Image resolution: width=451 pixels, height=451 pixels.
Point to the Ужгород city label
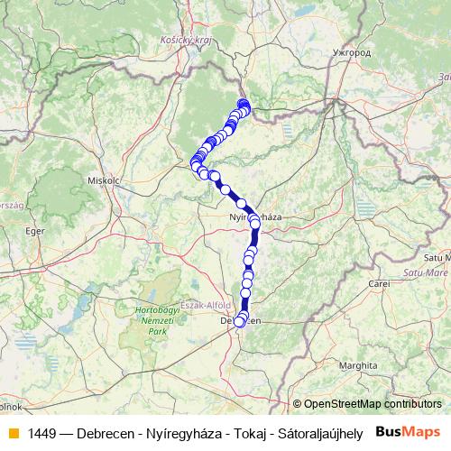(x=350, y=53)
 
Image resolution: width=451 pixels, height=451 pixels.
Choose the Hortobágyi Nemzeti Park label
(x=145, y=320)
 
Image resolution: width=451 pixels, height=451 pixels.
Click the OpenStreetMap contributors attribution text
(x=373, y=405)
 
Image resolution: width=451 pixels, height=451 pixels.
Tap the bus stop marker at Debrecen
(x=239, y=321)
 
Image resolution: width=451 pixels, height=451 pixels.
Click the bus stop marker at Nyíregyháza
(x=254, y=219)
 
